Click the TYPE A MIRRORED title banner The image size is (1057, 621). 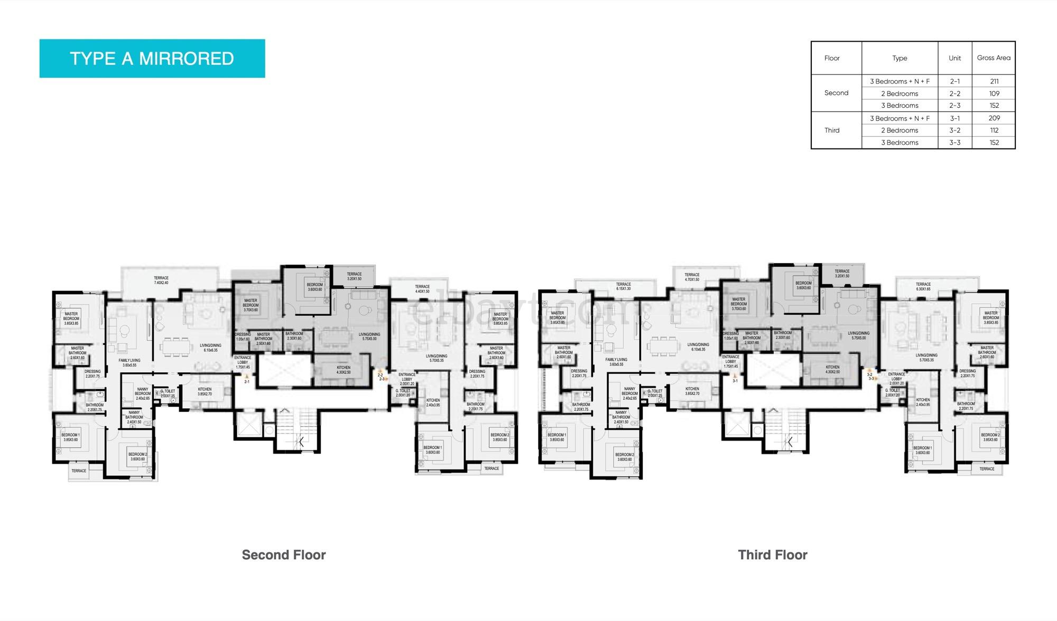(152, 59)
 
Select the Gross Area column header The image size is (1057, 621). (993, 58)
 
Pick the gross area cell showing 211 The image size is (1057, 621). (994, 81)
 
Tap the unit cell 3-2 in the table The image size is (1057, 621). (954, 130)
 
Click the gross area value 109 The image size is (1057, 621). (994, 93)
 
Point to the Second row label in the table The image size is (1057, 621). (836, 93)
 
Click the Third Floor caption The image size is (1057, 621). (772, 555)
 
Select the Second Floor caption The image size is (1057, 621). (284, 555)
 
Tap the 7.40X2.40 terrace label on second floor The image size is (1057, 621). (161, 280)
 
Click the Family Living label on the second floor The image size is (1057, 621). (129, 362)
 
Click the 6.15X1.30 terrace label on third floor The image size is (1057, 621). (623, 286)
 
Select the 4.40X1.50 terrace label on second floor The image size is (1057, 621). (422, 289)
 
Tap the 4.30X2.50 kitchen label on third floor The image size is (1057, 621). (832, 369)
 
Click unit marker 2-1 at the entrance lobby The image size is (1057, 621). (247, 381)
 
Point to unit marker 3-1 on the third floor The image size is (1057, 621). (735, 381)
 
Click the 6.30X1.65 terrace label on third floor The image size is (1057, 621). (923, 286)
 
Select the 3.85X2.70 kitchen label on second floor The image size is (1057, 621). (205, 391)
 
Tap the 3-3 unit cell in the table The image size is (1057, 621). (954, 143)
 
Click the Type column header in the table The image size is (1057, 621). (900, 58)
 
